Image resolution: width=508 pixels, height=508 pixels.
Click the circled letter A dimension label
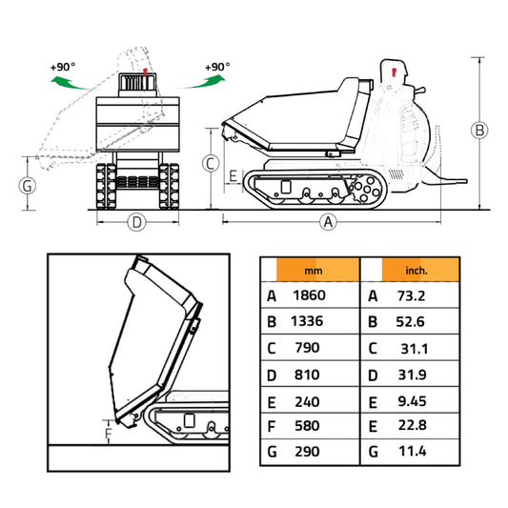tap(328, 222)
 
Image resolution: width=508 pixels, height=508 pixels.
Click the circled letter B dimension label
tap(479, 130)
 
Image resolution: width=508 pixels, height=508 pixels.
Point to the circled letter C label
tap(211, 164)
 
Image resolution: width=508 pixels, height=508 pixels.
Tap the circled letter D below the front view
tap(136, 223)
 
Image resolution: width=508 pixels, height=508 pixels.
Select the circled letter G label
tap(28, 186)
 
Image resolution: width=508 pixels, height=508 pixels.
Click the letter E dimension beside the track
tap(233, 176)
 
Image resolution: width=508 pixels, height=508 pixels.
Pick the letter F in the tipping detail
tap(109, 433)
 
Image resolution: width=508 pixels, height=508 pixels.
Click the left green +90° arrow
tap(71, 83)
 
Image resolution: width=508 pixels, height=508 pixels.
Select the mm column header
tap(314, 271)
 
